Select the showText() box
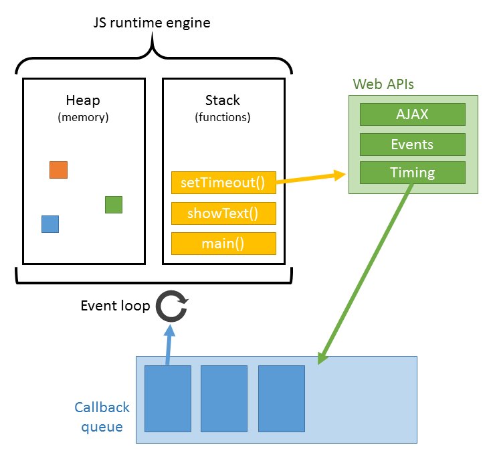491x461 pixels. tap(223, 213)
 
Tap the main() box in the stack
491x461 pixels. tap(223, 244)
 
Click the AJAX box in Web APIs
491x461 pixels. tap(412, 114)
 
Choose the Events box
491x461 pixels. tap(412, 144)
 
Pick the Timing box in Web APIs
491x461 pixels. tap(412, 173)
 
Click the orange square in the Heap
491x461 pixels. tap(58, 170)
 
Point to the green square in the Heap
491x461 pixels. tap(114, 204)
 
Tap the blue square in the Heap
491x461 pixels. tap(50, 224)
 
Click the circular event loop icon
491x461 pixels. tap(172, 306)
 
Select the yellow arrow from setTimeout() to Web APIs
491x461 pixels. tap(311, 179)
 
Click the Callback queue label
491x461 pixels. tap(102, 416)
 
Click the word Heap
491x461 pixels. tap(83, 100)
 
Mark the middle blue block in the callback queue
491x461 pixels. tap(224, 398)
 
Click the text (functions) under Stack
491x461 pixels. tap(223, 117)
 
